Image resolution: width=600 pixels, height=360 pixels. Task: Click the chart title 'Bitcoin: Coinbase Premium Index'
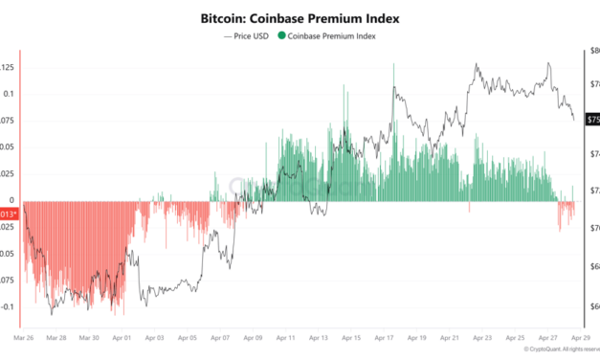(x=300, y=18)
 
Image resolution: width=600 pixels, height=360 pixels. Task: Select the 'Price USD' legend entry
(x=247, y=36)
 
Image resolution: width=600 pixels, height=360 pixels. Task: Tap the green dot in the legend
(x=280, y=36)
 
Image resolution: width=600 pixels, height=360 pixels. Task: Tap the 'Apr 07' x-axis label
(x=219, y=338)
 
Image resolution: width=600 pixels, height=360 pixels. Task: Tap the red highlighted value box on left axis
(x=8, y=214)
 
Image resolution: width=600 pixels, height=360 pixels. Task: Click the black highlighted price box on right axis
(x=592, y=119)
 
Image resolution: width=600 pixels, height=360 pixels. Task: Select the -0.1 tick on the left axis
(x=8, y=307)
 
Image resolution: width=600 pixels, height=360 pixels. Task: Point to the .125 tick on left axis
(x=8, y=67)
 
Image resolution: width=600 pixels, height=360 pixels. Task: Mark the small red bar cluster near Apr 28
(x=566, y=215)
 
